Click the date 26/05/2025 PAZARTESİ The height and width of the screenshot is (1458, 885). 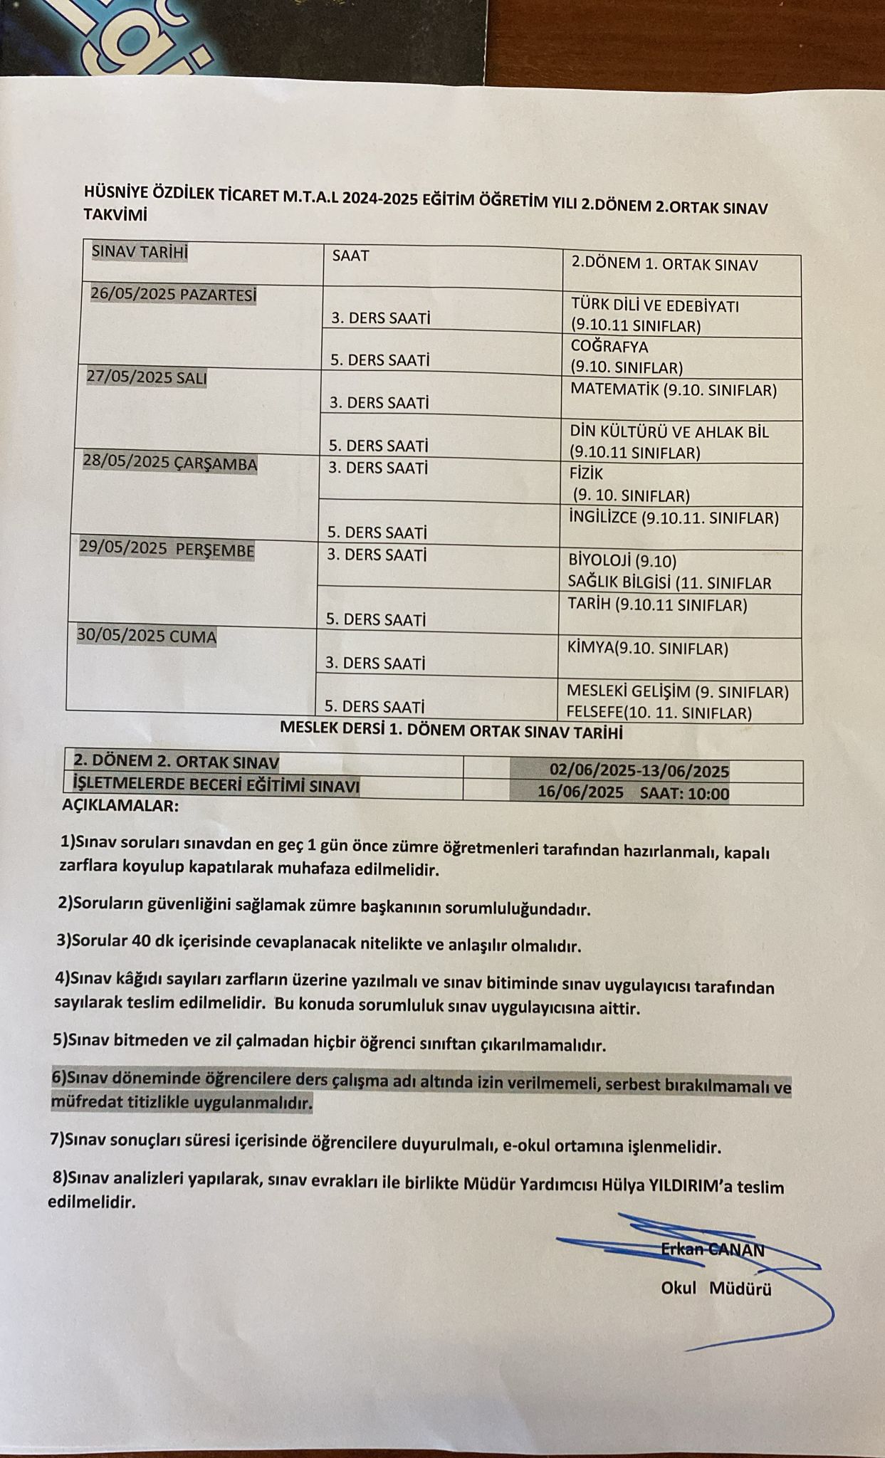pos(173,294)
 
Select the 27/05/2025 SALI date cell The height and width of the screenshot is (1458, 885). pos(147,377)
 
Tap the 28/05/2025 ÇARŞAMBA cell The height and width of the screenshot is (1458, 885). pos(170,463)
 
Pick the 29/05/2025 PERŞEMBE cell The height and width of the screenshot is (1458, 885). pos(167,550)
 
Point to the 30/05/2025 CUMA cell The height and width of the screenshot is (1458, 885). pos(147,636)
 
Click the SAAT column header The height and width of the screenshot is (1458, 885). pos(351,256)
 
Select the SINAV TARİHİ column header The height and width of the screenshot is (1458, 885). pos(140,252)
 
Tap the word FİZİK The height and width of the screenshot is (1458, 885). pos(586,473)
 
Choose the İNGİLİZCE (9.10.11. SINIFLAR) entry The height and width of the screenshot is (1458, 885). pos(674,518)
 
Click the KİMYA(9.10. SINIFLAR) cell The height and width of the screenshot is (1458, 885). pos(647,649)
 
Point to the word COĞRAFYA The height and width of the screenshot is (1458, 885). pos(609,347)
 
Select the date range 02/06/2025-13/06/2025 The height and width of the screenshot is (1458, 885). pos(639,770)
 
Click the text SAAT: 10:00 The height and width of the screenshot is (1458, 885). pos(684,793)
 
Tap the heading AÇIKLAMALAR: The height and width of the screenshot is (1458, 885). pos(120,807)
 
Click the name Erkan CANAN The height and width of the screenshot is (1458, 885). pos(712,1249)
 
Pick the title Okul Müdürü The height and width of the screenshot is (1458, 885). pos(716,1289)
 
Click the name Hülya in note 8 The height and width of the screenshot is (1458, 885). pos(623,1185)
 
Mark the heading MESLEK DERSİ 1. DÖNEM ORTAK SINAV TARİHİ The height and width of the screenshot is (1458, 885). pos(451,730)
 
